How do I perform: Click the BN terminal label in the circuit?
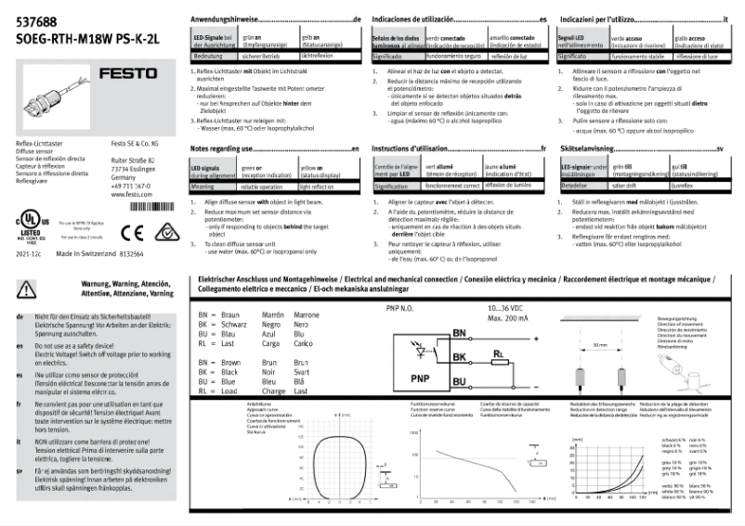(x=459, y=333)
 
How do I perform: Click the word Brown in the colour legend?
(x=230, y=361)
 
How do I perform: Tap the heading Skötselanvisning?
(x=587, y=148)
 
